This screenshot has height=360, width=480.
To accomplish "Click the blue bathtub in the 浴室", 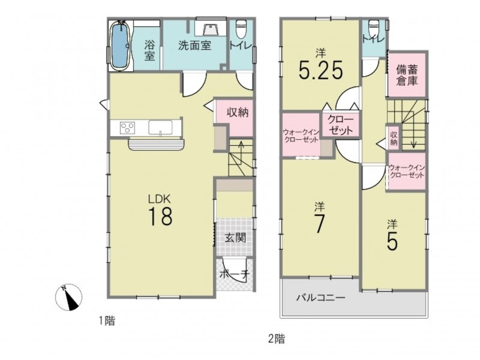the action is pos(121,46).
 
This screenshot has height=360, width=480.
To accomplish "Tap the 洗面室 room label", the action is pos(194,46).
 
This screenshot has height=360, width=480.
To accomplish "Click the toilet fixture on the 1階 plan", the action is pos(242,28).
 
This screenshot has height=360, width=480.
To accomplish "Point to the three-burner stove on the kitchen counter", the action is pos(127,127).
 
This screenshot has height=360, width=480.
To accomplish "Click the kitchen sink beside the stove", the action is pos(160,127).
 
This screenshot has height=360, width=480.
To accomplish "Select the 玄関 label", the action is pos(235,238).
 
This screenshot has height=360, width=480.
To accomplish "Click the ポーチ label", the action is pos(235,274).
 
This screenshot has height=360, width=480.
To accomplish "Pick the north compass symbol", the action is pos(68,297).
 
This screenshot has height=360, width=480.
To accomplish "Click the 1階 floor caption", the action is pos(107,321).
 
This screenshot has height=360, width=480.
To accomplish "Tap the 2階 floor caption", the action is pos(277,339).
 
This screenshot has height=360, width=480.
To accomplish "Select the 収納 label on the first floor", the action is pos(237,113).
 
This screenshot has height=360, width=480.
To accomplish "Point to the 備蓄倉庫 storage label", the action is pos(407,76).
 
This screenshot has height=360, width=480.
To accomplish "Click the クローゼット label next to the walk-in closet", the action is pos(341,125).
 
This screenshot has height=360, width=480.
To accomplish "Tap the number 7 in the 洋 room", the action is pos(319,224).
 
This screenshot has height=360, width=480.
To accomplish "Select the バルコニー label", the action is pos(321,297).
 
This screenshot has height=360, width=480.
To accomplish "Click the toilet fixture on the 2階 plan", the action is pos(373,28).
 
